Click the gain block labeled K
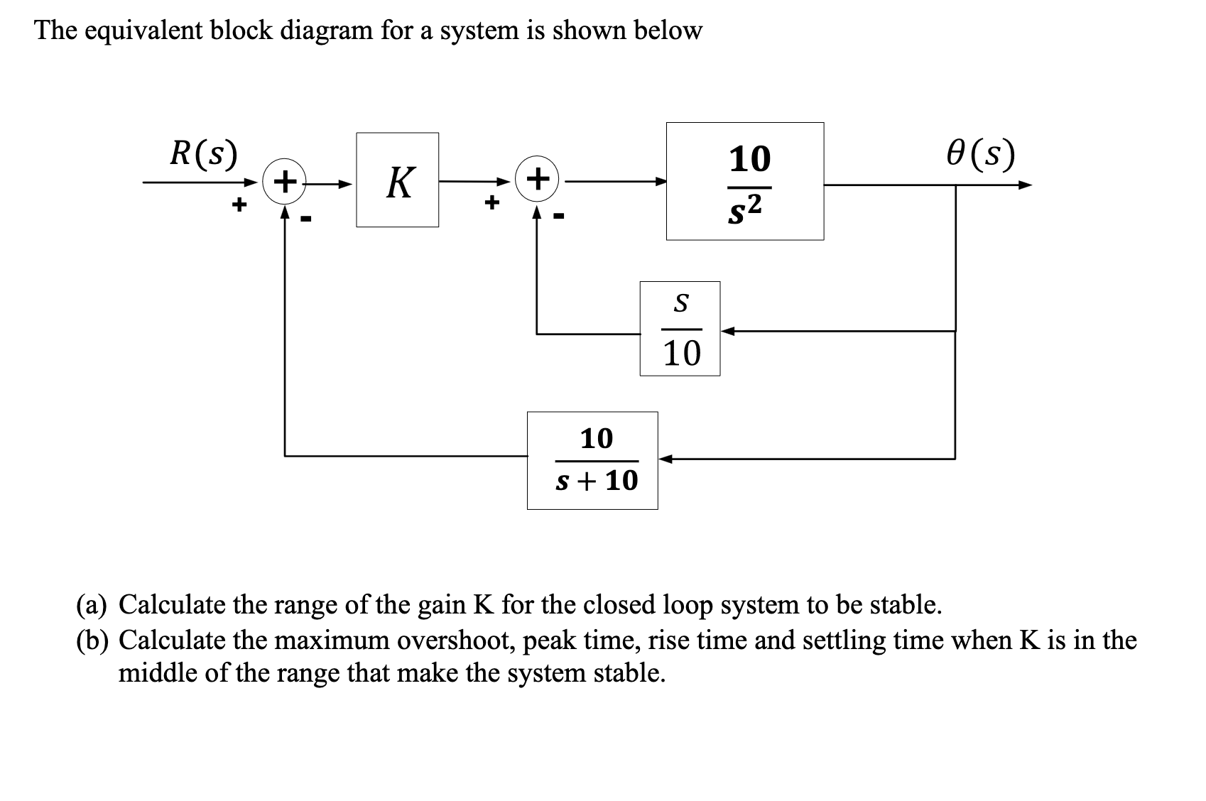[397, 180]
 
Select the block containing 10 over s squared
[744, 181]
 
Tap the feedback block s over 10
[680, 329]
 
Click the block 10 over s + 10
[592, 460]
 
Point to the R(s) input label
[203, 153]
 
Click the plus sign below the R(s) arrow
[240, 206]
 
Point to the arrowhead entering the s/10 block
[727, 330]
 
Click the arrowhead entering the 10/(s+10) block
[666, 459]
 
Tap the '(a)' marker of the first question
[93, 605]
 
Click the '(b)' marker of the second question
[93, 641]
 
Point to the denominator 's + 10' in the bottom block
[596, 481]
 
